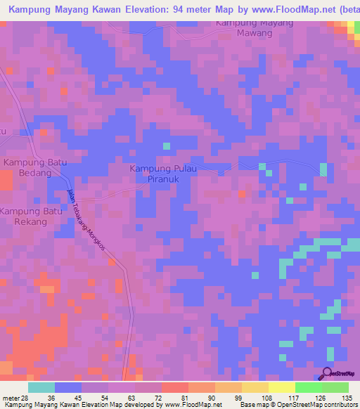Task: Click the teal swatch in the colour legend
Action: pos(41,387)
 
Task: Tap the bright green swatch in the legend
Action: pos(309,387)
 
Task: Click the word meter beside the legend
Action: pos(10,398)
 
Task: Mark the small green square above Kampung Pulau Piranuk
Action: pos(167,146)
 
